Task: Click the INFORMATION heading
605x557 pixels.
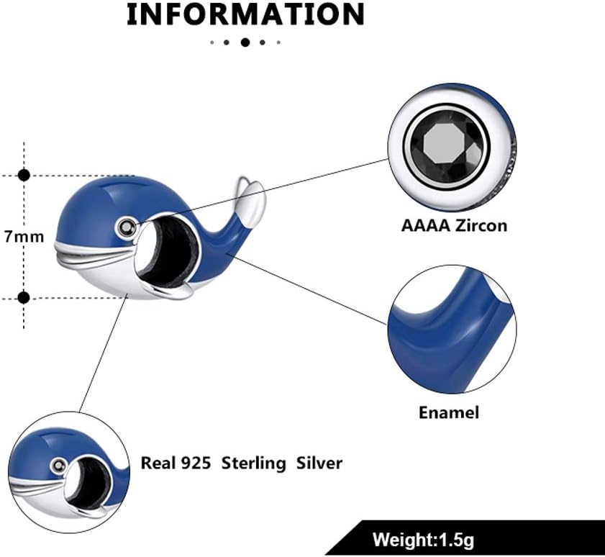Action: click(x=245, y=14)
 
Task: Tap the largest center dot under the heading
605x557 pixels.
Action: click(x=245, y=42)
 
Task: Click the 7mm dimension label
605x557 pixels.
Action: click(x=24, y=236)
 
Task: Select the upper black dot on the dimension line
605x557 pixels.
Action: click(x=24, y=176)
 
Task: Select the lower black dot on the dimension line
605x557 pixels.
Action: click(x=24, y=298)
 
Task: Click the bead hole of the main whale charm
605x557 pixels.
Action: click(x=167, y=252)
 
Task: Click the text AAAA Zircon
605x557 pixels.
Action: click(x=454, y=225)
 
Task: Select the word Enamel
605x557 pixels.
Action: click(x=449, y=412)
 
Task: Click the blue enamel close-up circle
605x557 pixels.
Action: click(x=452, y=329)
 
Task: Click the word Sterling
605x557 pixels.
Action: click(x=253, y=463)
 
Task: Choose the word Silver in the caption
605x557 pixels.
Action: click(x=319, y=463)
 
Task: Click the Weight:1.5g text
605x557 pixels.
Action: click(x=423, y=539)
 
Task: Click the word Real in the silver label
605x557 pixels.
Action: click(x=157, y=463)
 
